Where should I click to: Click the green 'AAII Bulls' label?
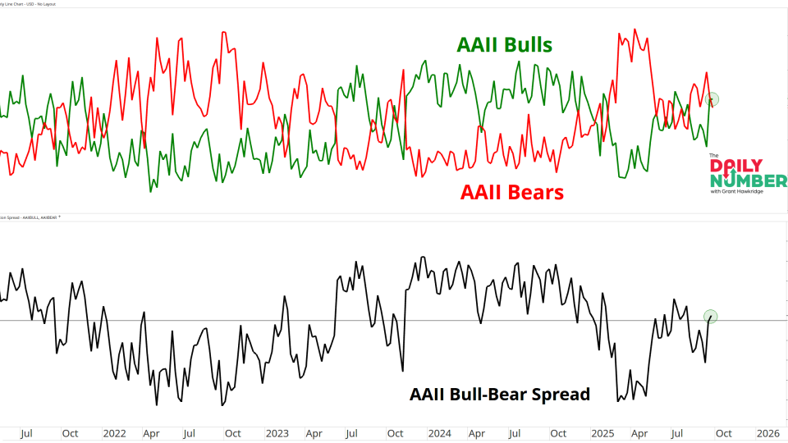[504, 44]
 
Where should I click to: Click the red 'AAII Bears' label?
[511, 192]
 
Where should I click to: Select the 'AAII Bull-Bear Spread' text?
[499, 394]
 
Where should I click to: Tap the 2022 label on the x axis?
[115, 433]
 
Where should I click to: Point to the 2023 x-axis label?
[277, 433]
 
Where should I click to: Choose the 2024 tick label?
[440, 433]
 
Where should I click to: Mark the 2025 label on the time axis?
[603, 433]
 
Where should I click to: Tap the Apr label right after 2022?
[152, 433]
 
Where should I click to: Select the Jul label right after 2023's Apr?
[352, 433]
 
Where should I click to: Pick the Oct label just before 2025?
[558, 433]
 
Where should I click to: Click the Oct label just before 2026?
[722, 433]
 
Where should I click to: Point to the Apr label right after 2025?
[639, 433]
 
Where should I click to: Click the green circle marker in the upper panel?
[712, 99]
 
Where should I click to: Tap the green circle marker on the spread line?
[711, 316]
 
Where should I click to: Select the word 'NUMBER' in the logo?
[748, 180]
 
